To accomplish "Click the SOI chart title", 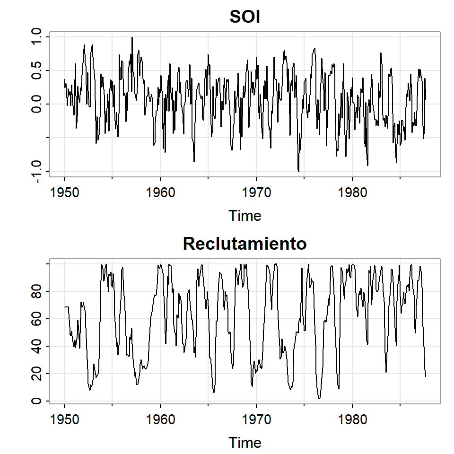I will click(x=245, y=17).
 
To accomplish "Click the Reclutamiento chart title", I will click(x=245, y=244).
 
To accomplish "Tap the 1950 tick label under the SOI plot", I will click(x=64, y=193).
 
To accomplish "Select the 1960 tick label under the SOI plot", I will click(x=160, y=193).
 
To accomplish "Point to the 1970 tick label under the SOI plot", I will click(x=256, y=193).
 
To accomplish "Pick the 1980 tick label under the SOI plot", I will click(x=352, y=193).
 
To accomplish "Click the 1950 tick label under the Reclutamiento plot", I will click(x=64, y=420).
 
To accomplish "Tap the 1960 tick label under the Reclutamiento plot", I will click(x=160, y=420).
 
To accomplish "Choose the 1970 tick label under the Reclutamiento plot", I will click(x=256, y=420).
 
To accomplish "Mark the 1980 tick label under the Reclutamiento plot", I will click(x=352, y=420).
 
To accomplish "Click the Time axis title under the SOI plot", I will click(x=245, y=216).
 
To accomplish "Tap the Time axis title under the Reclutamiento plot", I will click(x=245, y=443).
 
